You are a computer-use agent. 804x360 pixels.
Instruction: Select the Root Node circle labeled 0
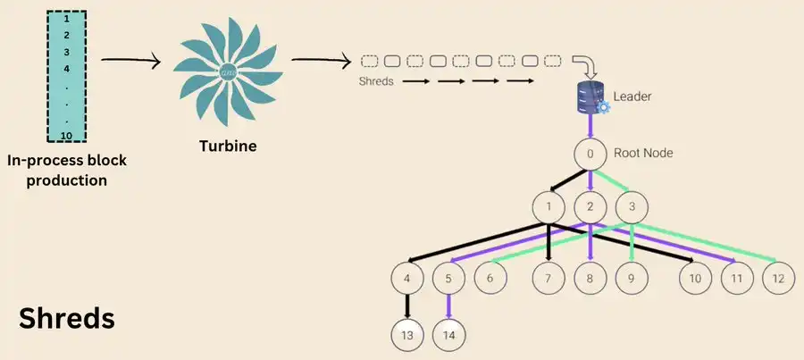590,155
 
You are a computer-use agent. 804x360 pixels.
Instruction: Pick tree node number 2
590,207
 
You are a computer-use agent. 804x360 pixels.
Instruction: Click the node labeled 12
778,279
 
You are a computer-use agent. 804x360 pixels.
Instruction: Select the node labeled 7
549,279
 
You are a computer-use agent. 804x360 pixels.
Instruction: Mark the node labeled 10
694,279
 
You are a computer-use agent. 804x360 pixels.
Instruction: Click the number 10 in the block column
66,135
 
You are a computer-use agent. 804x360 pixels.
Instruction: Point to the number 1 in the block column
66,18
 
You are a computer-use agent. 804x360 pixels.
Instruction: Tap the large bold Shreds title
67,318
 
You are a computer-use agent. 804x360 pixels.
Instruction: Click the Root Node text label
643,154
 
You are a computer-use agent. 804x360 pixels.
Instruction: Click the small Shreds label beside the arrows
374,81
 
